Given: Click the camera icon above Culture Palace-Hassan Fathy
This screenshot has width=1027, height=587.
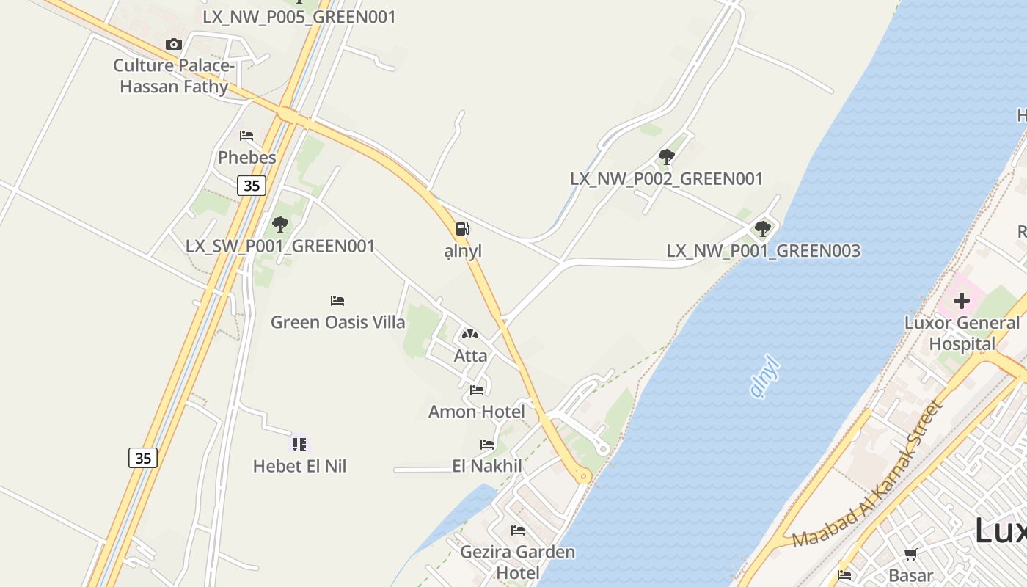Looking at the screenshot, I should [x=173, y=45].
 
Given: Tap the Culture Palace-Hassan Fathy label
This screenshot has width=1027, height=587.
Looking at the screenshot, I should [x=174, y=76].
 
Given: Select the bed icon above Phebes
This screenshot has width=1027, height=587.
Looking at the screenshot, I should [x=246, y=136].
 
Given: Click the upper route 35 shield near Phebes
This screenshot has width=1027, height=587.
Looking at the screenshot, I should [x=252, y=186].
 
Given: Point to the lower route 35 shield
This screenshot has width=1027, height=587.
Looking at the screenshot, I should [x=143, y=459].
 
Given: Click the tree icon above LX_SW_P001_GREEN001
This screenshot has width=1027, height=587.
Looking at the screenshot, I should [x=279, y=225].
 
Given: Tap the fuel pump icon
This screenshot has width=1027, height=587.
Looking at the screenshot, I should [x=462, y=229].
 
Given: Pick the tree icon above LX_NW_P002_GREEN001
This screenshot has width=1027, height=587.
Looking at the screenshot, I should [x=666, y=157].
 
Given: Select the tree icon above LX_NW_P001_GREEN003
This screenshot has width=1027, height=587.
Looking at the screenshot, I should [x=763, y=229].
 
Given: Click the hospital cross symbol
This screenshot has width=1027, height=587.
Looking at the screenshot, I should [x=961, y=300].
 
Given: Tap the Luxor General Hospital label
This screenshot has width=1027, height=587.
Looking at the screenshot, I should [x=962, y=333].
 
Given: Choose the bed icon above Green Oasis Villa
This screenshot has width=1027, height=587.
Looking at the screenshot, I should [x=337, y=301].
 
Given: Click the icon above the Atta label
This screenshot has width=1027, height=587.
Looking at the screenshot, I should [x=469, y=335].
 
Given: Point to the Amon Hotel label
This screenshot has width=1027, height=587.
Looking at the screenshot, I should [x=477, y=412].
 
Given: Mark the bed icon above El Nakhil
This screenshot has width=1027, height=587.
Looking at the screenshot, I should [x=487, y=445].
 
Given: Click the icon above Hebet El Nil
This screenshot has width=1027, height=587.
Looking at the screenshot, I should [x=299, y=444].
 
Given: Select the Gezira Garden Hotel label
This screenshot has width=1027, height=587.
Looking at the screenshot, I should [x=518, y=561].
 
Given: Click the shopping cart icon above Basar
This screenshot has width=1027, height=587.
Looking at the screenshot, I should [x=910, y=555].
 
